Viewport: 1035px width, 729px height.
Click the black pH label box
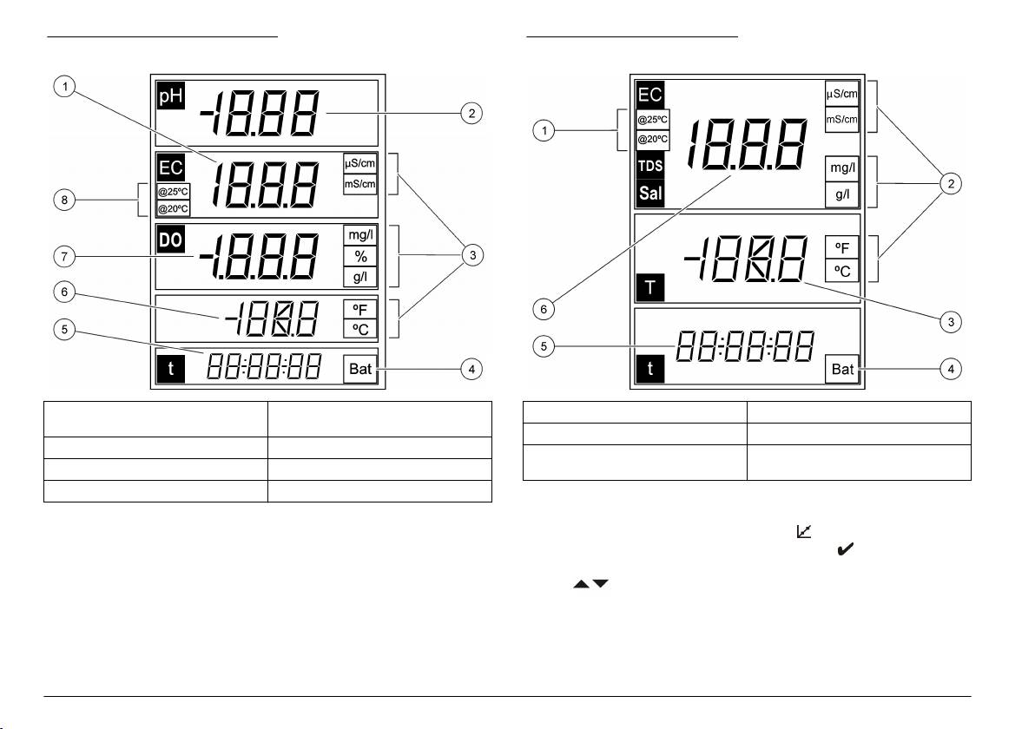170,95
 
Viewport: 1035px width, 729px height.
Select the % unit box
360,257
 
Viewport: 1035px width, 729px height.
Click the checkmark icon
844,548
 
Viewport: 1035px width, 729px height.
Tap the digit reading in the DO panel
257,257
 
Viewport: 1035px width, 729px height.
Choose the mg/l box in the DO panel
360,235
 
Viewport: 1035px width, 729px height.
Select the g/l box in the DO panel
360,278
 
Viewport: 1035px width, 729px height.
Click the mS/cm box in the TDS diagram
841,120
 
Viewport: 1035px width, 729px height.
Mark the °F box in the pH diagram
360,308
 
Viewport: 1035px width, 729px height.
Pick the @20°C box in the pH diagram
173,208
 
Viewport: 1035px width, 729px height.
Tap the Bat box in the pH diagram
360,369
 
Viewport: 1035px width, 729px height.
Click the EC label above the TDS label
651,95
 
